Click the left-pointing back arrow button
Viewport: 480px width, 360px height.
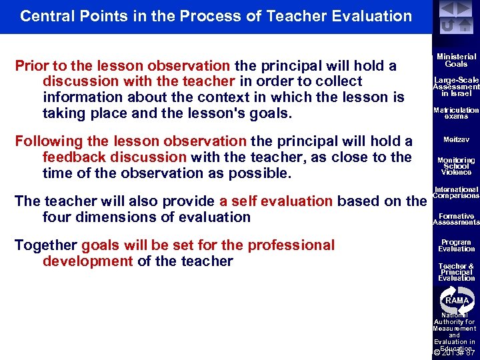click(447, 9)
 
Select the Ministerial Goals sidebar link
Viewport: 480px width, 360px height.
click(456, 61)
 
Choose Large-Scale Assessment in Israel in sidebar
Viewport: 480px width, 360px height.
click(456, 87)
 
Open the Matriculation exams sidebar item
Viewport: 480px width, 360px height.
click(456, 113)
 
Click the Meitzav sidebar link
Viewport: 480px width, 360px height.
click(456, 140)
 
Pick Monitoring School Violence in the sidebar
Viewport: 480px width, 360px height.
click(456, 166)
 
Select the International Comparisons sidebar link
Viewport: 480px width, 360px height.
click(456, 193)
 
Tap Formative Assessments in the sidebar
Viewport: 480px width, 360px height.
click(456, 219)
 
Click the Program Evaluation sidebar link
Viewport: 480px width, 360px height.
click(456, 245)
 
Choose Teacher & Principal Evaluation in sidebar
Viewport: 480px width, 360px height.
click(456, 272)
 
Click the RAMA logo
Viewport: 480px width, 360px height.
click(457, 299)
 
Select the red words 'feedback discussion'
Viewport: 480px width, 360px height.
click(114, 157)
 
